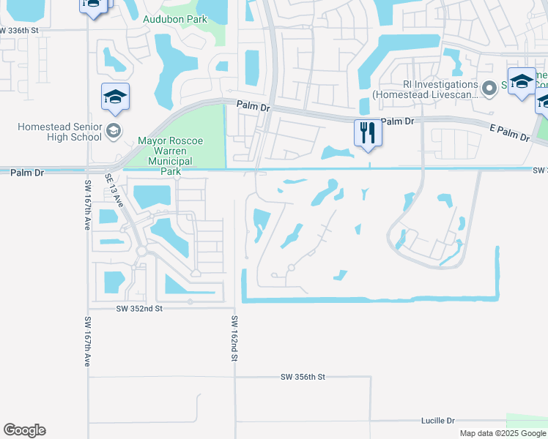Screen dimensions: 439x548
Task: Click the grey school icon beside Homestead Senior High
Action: [x=114, y=132]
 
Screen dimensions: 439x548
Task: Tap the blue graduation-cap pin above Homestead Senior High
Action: [x=116, y=98]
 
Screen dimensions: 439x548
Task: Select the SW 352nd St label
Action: [x=138, y=309]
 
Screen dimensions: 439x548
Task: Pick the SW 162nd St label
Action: [x=235, y=338]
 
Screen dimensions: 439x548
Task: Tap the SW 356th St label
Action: [x=302, y=377]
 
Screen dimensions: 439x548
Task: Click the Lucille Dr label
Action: [x=438, y=421]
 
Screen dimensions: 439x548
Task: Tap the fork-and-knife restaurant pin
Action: [x=367, y=133]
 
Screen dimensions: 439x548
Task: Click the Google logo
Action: [x=24, y=430]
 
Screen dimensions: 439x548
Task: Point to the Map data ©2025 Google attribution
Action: [x=503, y=433]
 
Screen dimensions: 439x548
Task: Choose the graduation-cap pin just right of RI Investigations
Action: [x=522, y=82]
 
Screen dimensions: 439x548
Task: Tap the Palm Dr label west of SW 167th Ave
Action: [x=28, y=173]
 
